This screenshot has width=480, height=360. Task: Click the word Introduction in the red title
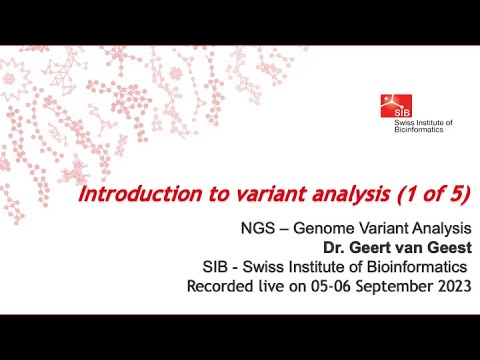pos(129,192)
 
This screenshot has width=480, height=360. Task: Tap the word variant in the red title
pos(251,192)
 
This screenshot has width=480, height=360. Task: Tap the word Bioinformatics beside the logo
pos(422,130)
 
